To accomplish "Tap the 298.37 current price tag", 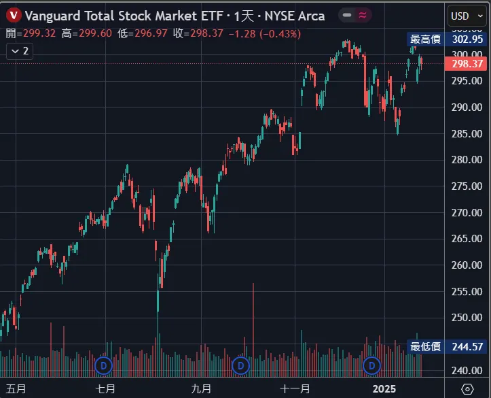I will (467, 64).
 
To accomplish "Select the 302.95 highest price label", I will (467, 39).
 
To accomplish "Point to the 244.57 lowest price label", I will (467, 347).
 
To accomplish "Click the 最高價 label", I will (426, 39).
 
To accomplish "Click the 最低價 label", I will (426, 347).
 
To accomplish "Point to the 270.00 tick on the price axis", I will (467, 212).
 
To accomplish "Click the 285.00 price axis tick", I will (467, 133).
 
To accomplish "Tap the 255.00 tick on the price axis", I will (467, 291).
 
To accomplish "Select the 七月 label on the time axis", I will (105, 388).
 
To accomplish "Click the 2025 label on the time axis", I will (384, 388).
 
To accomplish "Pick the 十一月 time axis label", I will (295, 388).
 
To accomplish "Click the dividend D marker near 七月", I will (104, 366).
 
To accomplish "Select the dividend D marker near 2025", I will (371, 366).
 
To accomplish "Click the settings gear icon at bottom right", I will (467, 388).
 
